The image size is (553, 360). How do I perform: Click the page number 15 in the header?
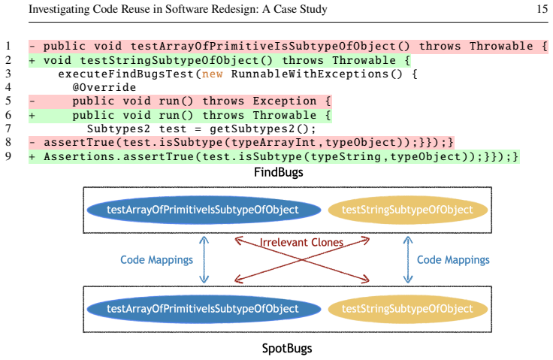542,9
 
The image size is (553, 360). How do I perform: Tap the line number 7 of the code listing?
8,129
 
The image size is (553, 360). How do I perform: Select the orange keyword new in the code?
213,74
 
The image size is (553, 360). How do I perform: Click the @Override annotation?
104,87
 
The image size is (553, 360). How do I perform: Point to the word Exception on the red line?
285,101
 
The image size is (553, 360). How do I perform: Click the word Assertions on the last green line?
80,156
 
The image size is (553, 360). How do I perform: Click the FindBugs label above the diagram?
279,172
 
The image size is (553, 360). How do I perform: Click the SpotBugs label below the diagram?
287,349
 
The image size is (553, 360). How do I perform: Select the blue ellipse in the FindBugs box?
204,210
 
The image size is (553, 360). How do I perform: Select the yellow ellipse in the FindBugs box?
408,210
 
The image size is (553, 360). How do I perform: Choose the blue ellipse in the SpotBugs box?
204,309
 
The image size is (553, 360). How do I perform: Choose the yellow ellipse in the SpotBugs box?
408,309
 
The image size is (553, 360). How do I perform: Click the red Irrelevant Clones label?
301,242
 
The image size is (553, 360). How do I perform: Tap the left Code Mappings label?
156,260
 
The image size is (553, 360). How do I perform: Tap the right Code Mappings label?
453,260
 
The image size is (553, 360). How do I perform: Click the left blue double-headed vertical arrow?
204,259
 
